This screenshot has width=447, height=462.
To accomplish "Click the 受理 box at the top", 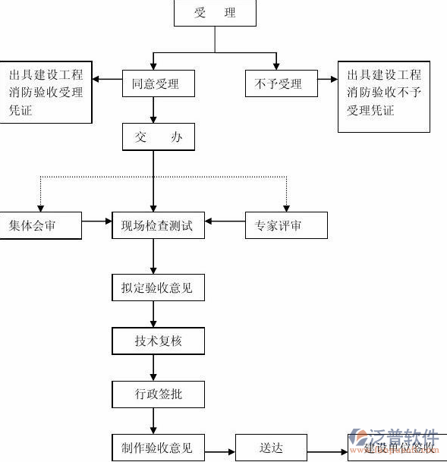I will click(215, 13).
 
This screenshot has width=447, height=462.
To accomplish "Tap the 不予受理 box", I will click(275, 83).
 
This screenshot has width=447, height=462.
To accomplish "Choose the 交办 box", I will click(158, 137).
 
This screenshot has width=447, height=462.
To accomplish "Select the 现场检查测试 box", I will click(158, 225).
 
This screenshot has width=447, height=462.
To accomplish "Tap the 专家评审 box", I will click(286, 225).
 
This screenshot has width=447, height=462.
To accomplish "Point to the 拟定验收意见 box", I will click(158, 288).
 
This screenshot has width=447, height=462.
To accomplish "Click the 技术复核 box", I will click(158, 341).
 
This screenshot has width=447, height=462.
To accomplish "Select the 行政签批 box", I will click(158, 394).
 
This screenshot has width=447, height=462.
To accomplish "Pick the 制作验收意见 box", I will click(158, 447).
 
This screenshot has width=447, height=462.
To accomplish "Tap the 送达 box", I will click(271, 447).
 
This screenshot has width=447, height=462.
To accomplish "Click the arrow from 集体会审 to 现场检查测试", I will click(96, 222).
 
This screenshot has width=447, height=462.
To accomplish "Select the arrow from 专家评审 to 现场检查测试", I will click(225, 222).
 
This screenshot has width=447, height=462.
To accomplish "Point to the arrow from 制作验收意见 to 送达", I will click(220, 448).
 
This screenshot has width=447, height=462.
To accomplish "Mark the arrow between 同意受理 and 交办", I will click(154, 111).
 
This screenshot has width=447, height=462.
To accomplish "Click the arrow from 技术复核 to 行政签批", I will click(154, 368).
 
